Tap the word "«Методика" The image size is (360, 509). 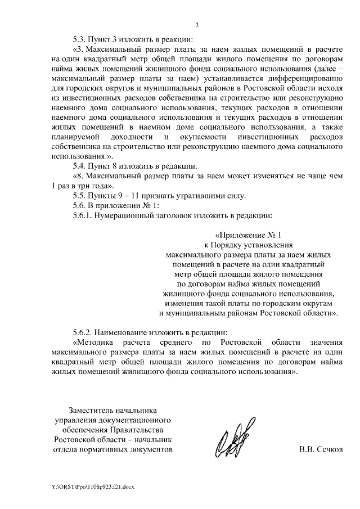[95, 342]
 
